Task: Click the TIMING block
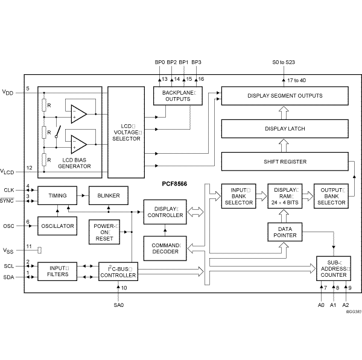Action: click(57, 196)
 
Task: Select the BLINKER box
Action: click(108, 196)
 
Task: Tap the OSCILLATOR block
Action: click(57, 226)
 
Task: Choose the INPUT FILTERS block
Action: click(57, 271)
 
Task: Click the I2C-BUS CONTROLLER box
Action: click(119, 271)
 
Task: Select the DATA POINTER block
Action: click(285, 232)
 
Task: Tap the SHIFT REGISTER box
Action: click(285, 162)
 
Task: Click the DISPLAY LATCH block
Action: click(285, 128)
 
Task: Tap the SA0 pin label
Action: click(118, 305)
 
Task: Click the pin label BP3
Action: click(196, 62)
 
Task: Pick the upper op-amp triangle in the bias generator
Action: click(77, 113)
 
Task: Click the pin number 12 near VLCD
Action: click(29, 168)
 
